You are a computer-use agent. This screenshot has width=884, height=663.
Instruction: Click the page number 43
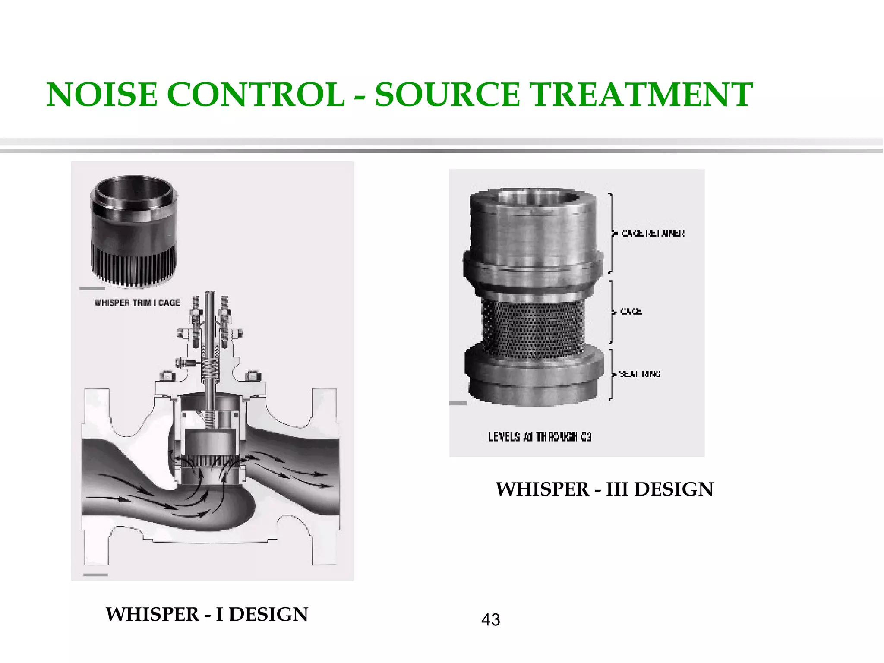(490, 620)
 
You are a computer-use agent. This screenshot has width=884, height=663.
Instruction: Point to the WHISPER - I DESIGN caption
(207, 614)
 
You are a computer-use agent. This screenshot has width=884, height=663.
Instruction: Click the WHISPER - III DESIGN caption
(604, 489)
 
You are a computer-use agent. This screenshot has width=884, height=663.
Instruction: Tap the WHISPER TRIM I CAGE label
(137, 303)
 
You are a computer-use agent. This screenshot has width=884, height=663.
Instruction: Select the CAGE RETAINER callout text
(653, 233)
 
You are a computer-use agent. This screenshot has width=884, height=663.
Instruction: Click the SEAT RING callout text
(640, 374)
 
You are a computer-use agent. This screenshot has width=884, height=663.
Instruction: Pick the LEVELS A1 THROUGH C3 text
(540, 437)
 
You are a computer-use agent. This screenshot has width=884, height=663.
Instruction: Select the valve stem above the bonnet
(210, 311)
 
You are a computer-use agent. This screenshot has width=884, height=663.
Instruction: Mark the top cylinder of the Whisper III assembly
(533, 229)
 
